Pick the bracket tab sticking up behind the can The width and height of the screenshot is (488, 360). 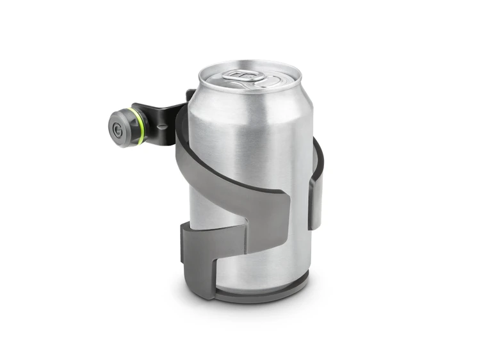click(190, 95)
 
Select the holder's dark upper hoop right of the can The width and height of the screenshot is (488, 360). click(318, 154)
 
